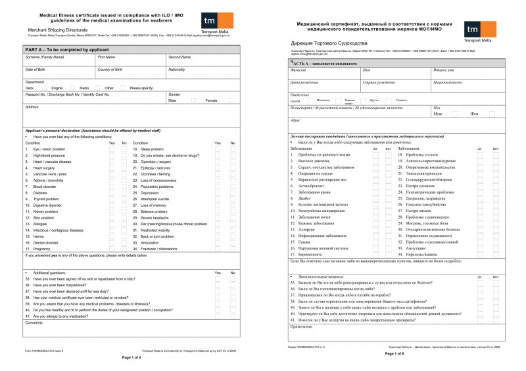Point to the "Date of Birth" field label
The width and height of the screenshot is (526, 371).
[35, 69]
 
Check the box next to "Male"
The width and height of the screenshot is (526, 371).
[194, 100]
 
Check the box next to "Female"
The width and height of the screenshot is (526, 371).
[231, 100]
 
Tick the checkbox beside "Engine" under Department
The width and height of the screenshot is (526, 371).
[69, 87]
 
